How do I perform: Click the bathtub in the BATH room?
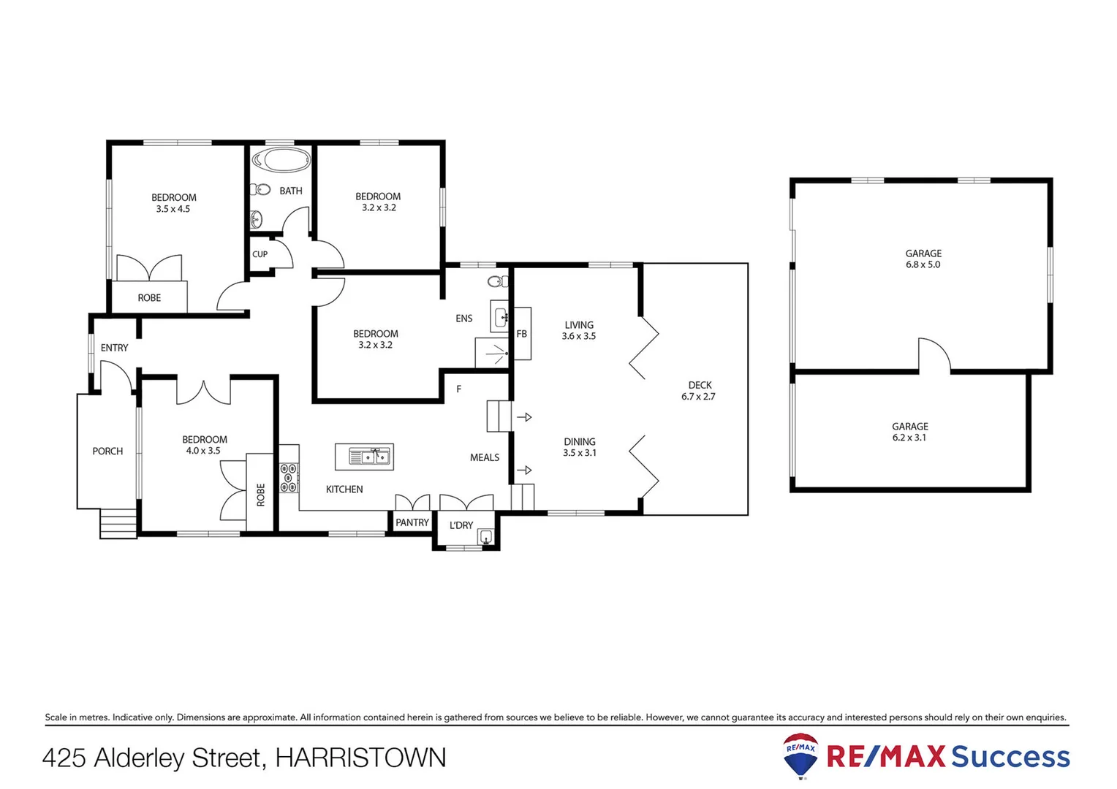pos(281,160)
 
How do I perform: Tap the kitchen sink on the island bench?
pos(364,457)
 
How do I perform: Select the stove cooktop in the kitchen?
pos(289,477)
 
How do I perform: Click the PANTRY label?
pos(412,522)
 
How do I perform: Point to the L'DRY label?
pos(461,525)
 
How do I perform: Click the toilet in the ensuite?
pos(499,281)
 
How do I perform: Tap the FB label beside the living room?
pos(521,334)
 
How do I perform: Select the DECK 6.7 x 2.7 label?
pos(699,391)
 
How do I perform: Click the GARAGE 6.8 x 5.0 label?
pos(923,259)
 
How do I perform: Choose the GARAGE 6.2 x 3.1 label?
pos(909,432)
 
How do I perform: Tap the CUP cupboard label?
pos(260,254)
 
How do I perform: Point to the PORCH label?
pos(107,451)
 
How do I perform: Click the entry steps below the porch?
pos(118,524)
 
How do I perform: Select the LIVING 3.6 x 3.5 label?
pos(579,330)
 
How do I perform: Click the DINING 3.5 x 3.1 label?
pos(580,447)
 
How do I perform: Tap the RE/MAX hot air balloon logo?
pos(800,755)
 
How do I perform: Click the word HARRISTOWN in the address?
pos(360,758)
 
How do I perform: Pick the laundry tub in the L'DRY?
pos(485,538)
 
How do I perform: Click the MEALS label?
pos(485,457)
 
